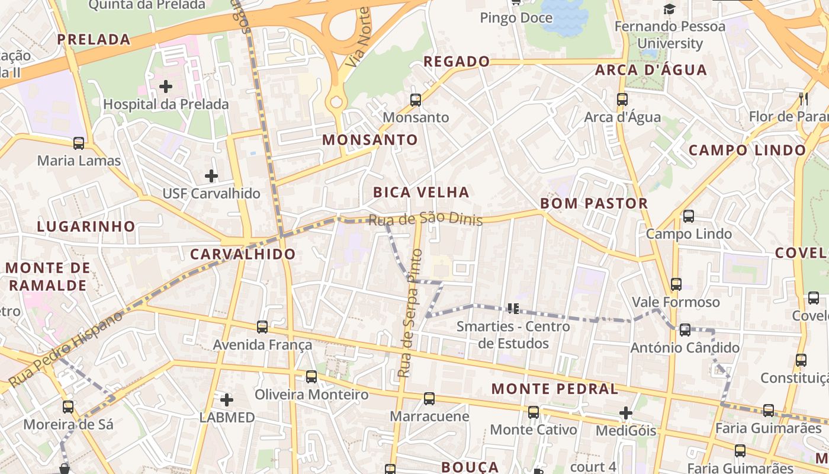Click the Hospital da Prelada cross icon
166,87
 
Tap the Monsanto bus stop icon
416,100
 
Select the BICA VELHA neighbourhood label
421,192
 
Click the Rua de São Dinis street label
425,219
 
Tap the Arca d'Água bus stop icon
622,100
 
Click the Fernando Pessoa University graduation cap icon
669,9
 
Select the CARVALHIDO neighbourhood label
243,254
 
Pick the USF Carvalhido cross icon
211,176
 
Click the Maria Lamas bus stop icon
79,143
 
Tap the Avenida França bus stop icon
262,326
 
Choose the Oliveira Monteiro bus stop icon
311,376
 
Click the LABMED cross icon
227,399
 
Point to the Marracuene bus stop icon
429,398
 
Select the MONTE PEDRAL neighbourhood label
555,389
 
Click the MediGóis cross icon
626,412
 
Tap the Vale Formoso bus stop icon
676,284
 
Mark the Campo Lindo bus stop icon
689,216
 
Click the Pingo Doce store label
516,18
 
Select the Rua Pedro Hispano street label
66,348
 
